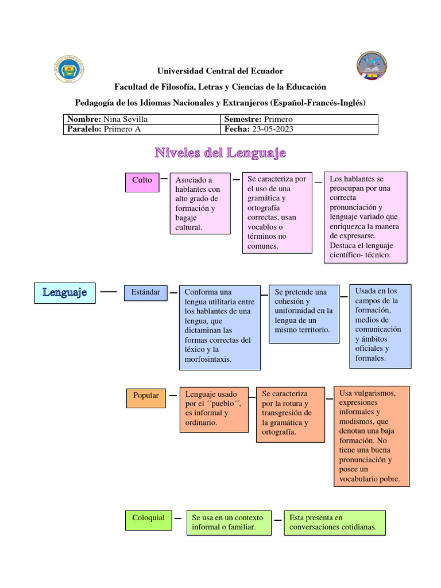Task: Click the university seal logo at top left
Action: (69, 69)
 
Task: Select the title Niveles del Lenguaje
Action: (220, 153)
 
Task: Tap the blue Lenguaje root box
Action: (64, 292)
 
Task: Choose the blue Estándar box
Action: (145, 292)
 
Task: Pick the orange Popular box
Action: (146, 396)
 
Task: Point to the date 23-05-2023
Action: (271, 129)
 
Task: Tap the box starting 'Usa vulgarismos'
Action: (372, 436)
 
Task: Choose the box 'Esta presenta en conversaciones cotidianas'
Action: (334, 523)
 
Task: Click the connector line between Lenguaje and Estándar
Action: (109, 292)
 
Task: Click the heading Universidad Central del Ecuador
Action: (220, 71)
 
